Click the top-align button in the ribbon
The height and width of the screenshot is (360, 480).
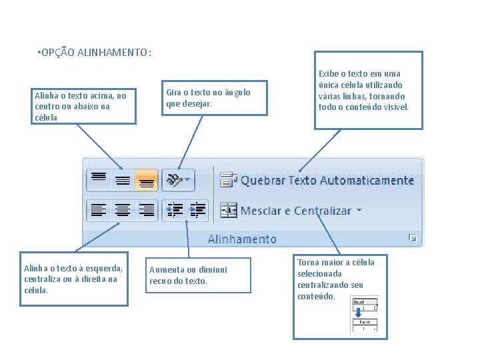coord(99,178)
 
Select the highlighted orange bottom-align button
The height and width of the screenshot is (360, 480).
coord(146,180)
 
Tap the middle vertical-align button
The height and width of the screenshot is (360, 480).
coord(122,179)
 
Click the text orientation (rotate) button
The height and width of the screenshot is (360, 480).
coord(177,180)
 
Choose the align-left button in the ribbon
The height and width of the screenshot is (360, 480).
coord(98,210)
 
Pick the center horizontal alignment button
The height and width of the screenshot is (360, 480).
coord(122,210)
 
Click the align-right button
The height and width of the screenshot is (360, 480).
coord(146,210)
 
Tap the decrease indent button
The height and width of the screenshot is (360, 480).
coord(174,210)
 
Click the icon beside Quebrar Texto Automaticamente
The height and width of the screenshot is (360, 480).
coord(228,180)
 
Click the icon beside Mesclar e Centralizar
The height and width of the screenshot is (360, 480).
coord(228,210)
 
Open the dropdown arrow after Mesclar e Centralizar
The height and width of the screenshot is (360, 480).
coord(359,210)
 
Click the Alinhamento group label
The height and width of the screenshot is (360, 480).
coord(241,239)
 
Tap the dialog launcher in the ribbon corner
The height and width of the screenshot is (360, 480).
coord(413,238)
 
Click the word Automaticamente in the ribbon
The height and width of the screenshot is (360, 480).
coord(367,180)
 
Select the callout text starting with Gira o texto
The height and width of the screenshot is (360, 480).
coord(207,98)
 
